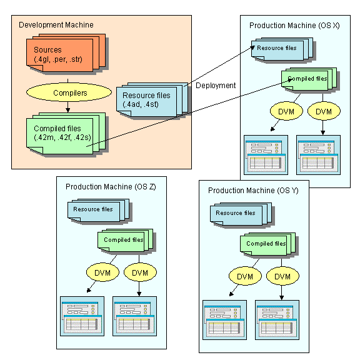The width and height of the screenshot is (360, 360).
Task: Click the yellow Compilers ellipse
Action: pos(69,92)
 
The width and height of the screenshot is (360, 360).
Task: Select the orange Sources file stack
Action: pos(66,53)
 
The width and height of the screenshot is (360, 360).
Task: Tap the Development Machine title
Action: pos(56,25)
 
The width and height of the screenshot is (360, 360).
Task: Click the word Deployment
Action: pos(216,86)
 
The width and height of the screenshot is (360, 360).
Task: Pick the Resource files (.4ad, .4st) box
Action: pos(152,100)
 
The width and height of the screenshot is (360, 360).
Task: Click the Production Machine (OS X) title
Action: pos(294,25)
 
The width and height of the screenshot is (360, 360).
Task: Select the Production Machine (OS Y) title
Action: pos(253,191)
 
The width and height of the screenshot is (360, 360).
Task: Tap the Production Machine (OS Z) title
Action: pos(111,187)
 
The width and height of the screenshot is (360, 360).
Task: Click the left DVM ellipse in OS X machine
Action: pos(286,111)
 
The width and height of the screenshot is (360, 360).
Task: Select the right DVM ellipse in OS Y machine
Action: pos(282,276)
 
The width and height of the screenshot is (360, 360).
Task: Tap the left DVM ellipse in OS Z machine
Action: pos(102,272)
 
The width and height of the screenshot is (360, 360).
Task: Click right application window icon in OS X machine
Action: pos(319,155)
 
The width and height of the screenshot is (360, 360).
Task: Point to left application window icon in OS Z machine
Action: pos(82,316)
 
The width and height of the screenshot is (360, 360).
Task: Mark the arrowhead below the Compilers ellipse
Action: pos(67,110)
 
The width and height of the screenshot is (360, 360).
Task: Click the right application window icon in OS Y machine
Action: pos(277,320)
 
